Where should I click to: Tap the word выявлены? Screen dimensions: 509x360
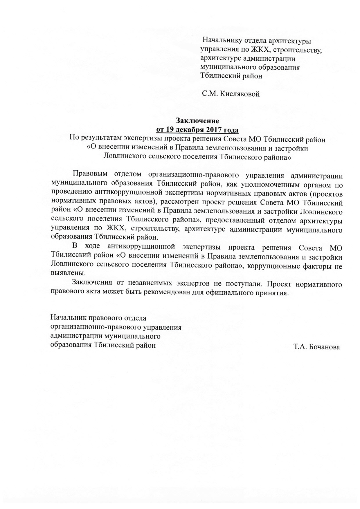[68, 273]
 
